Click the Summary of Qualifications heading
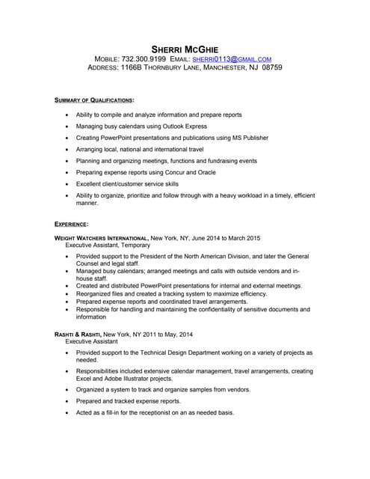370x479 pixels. tap(95, 100)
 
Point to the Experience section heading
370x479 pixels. tap(72, 224)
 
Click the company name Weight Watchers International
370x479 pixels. tap(102, 238)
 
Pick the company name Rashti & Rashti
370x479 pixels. tap(78, 334)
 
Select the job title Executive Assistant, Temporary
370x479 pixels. tap(108, 245)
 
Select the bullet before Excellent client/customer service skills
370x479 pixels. tap(67, 183)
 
